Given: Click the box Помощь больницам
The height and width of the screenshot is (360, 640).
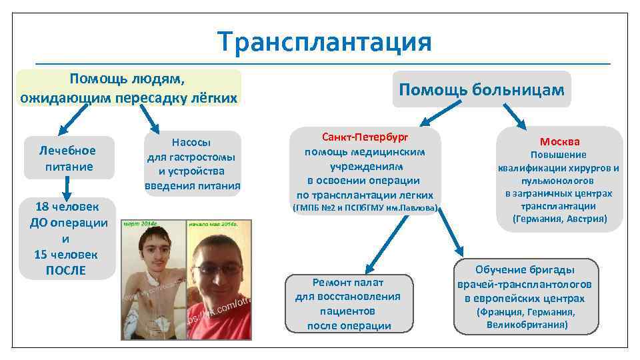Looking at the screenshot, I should [481, 89].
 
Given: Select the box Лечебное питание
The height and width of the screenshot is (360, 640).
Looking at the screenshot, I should [69, 159].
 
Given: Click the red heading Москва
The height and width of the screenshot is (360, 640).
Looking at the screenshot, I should [559, 141].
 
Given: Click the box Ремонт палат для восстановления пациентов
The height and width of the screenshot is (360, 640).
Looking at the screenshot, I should [347, 303].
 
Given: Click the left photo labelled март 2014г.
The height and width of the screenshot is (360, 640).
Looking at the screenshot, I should [153, 280].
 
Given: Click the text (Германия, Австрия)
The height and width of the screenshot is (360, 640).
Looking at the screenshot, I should [559, 219].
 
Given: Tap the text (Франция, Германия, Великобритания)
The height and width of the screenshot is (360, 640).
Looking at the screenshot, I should [526, 319].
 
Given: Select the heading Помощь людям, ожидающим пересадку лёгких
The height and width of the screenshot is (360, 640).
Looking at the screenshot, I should [129, 88].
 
